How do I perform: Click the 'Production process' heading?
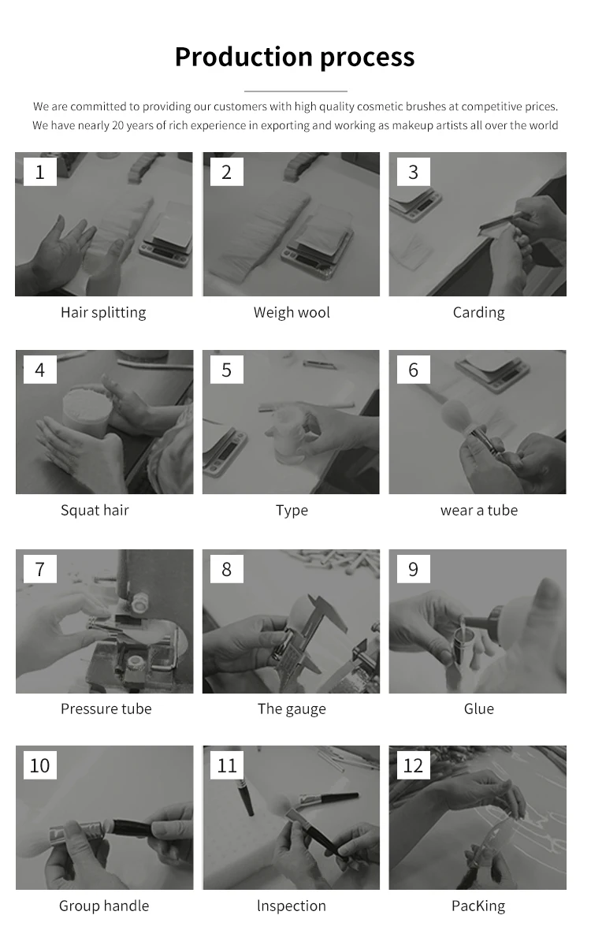295,58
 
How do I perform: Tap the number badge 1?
39,172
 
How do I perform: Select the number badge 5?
226,370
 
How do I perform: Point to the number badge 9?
413,569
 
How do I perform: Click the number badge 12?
413,765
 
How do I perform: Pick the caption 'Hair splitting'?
103,313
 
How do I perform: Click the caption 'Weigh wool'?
292,313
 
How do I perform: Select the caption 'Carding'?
478,313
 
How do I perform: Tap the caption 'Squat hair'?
95,510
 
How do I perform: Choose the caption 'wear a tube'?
479,510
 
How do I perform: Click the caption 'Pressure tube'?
106,709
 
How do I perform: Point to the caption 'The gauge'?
292,709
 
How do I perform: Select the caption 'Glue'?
479,709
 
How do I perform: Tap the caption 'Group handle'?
104,906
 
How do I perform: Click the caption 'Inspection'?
292,906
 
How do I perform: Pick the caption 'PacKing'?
478,906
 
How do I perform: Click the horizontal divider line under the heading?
295,91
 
